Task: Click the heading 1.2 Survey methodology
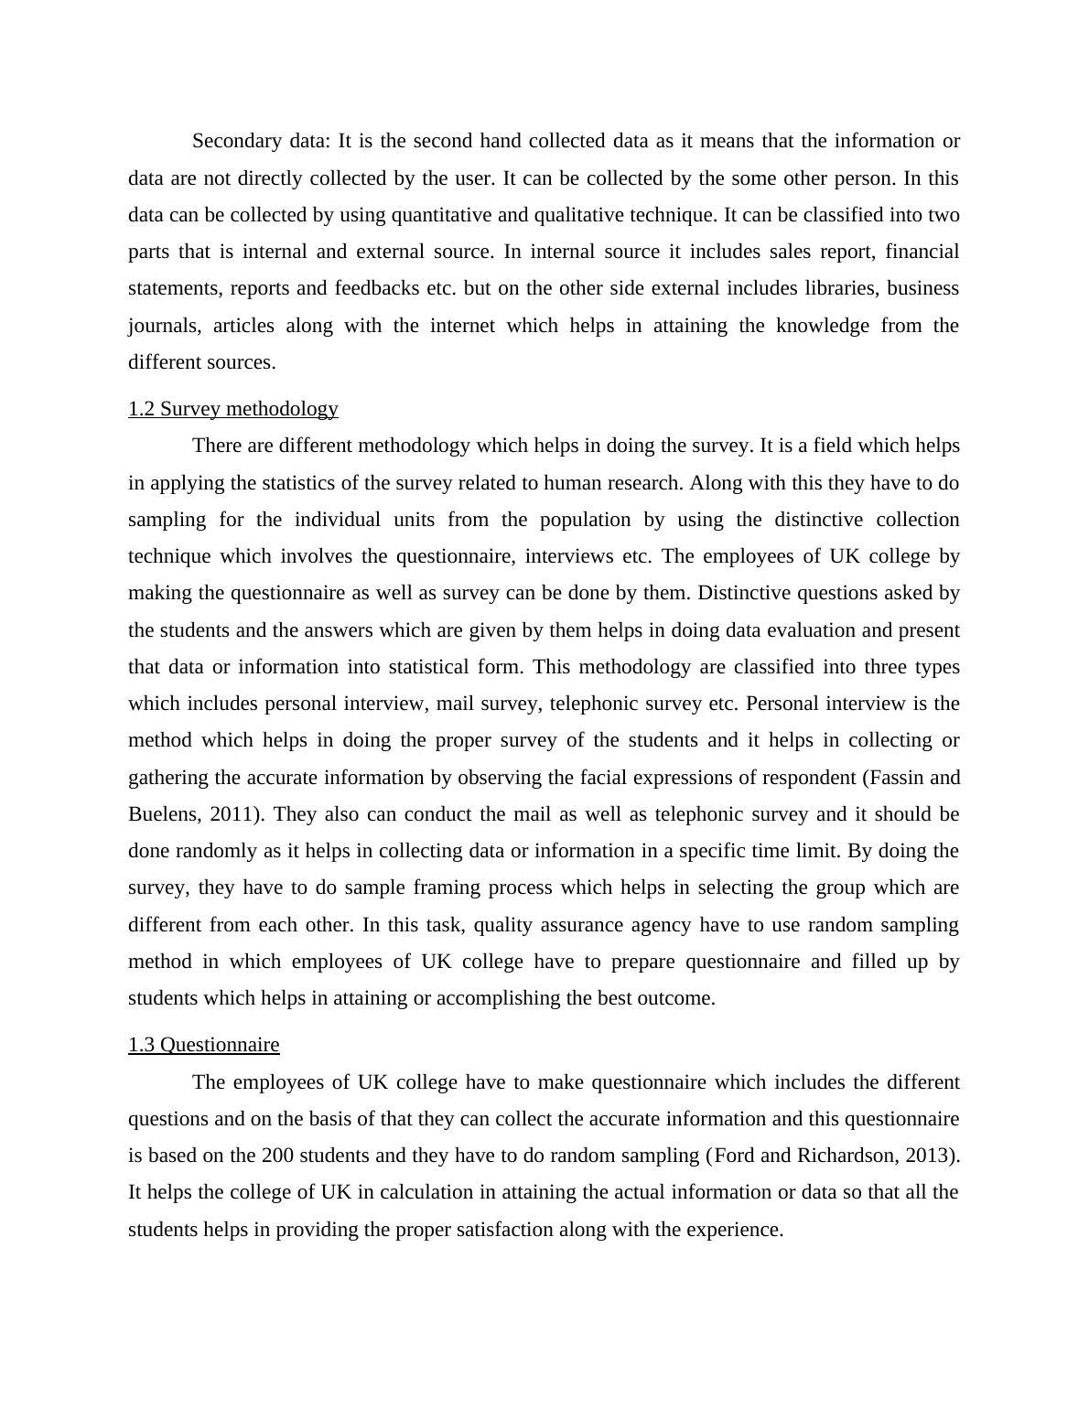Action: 233,409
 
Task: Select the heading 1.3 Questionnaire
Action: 203,1045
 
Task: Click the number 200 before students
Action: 277,1156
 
